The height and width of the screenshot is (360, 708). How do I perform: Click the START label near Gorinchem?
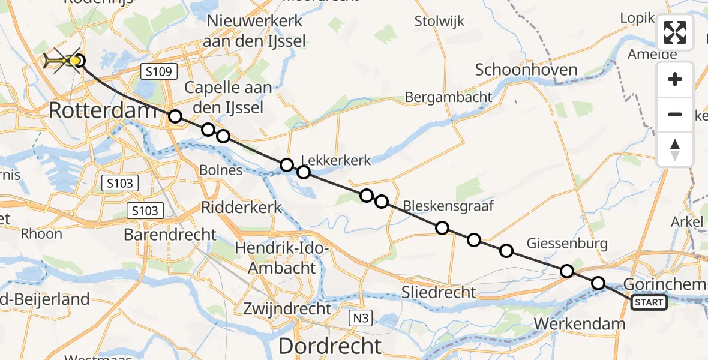(649, 302)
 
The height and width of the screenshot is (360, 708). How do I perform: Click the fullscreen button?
(675, 32)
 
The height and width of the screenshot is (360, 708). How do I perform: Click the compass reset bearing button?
(675, 149)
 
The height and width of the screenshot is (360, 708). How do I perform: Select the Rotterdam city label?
(94, 110)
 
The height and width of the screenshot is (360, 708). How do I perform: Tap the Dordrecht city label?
(330, 346)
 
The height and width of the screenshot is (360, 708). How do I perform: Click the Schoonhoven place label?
(526, 70)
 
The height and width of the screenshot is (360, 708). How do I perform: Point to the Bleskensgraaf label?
(448, 206)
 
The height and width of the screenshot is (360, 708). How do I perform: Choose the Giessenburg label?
(567, 243)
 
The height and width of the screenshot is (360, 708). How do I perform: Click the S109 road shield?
(159, 72)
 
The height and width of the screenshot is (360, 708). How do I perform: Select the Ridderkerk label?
(241, 207)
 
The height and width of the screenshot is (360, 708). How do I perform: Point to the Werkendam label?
(579, 324)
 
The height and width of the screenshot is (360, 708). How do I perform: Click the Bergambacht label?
(448, 97)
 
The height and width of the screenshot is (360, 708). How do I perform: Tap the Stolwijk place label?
(440, 22)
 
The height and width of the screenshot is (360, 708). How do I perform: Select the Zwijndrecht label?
(287, 309)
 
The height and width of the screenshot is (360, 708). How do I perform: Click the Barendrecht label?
(170, 234)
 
